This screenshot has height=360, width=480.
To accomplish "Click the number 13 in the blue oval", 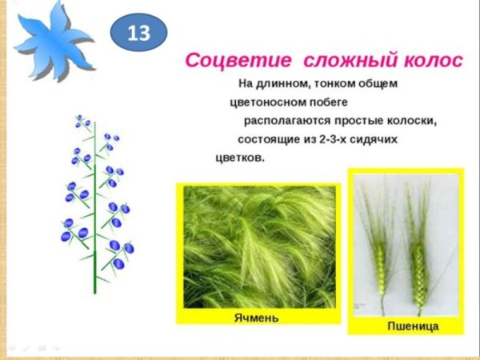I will pyautogui.click(x=139, y=34).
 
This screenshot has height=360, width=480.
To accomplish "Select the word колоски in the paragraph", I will pyautogui.click(x=411, y=121).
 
